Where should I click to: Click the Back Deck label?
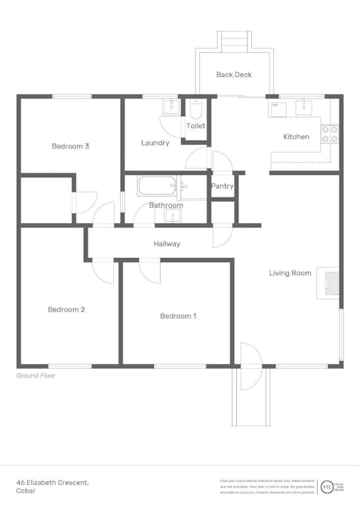pyautogui.click(x=233, y=75)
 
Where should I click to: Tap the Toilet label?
pyautogui.click(x=195, y=127)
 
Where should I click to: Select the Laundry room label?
pyautogui.click(x=155, y=143)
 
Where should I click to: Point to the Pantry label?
pyautogui.click(x=222, y=186)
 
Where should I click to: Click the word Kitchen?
pyautogui.click(x=296, y=136)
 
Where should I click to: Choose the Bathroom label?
pyautogui.click(x=165, y=205)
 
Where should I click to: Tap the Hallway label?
pyautogui.click(x=167, y=244)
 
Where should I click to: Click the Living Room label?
pyautogui.click(x=290, y=273)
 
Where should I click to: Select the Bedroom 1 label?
pyautogui.click(x=178, y=316)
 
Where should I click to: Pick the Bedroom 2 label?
pyautogui.click(x=66, y=309)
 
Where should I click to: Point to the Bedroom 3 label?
pyautogui.click(x=71, y=146)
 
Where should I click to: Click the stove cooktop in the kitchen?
pyautogui.click(x=330, y=134)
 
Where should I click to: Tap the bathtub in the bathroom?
pyautogui.click(x=156, y=186)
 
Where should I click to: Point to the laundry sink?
pyautogui.click(x=171, y=106)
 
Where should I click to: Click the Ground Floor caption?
pyautogui.click(x=35, y=375)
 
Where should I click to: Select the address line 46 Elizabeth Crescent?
pyautogui.click(x=53, y=481)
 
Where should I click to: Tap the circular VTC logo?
pyautogui.click(x=327, y=486)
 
